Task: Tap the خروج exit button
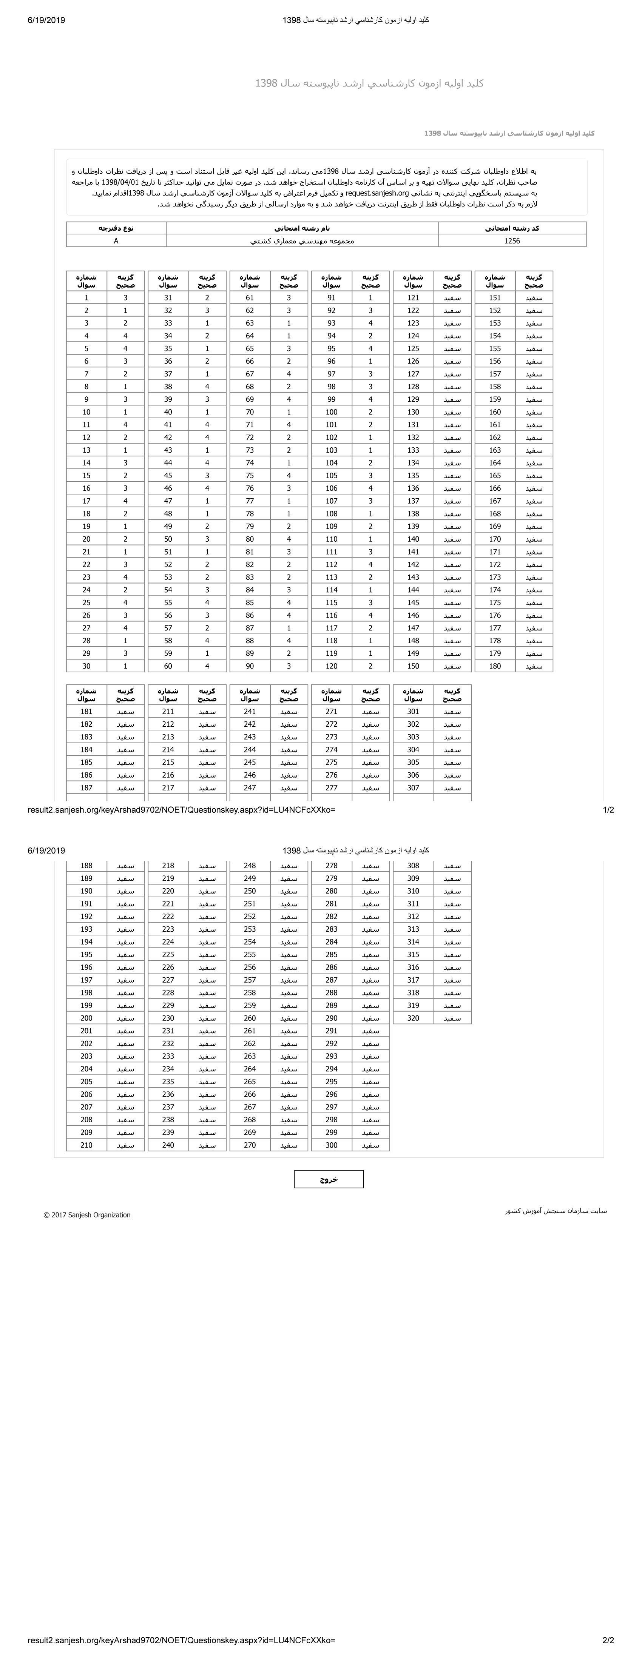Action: pos(329,1179)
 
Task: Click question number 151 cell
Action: pos(494,298)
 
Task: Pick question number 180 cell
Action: pos(494,666)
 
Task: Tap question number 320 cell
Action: pos(413,1018)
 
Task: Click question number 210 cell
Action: pos(86,1145)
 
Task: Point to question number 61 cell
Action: pos(250,298)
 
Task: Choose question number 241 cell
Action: pos(250,712)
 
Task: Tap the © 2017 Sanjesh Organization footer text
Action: pos(87,1215)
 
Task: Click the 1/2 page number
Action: pos(608,810)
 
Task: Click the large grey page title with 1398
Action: pos(369,83)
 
